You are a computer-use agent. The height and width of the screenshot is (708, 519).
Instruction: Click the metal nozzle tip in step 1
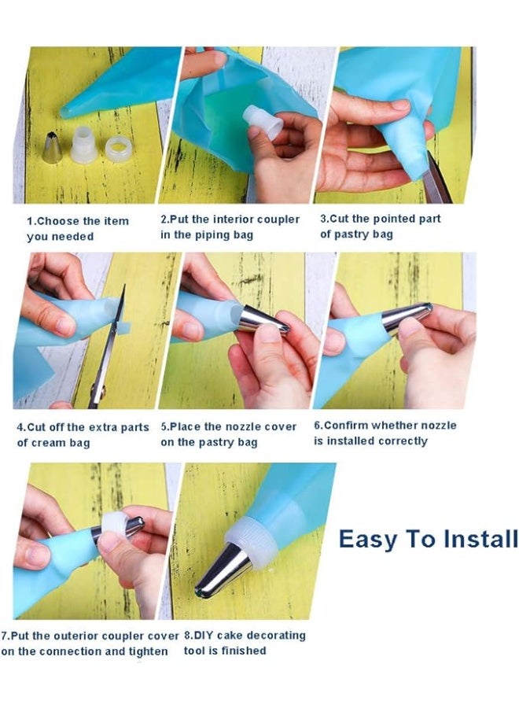[x=52, y=147]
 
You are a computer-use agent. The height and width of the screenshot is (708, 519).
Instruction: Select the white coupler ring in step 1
[x=119, y=148]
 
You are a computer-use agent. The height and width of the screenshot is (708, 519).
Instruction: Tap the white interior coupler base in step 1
[x=84, y=144]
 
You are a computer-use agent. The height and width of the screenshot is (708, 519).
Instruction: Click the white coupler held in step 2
[x=263, y=123]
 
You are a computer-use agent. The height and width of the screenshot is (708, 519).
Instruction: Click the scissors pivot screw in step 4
[x=98, y=390]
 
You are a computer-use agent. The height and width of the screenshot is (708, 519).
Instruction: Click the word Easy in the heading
[x=366, y=539]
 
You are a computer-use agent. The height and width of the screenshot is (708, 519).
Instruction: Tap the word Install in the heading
[x=480, y=538]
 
